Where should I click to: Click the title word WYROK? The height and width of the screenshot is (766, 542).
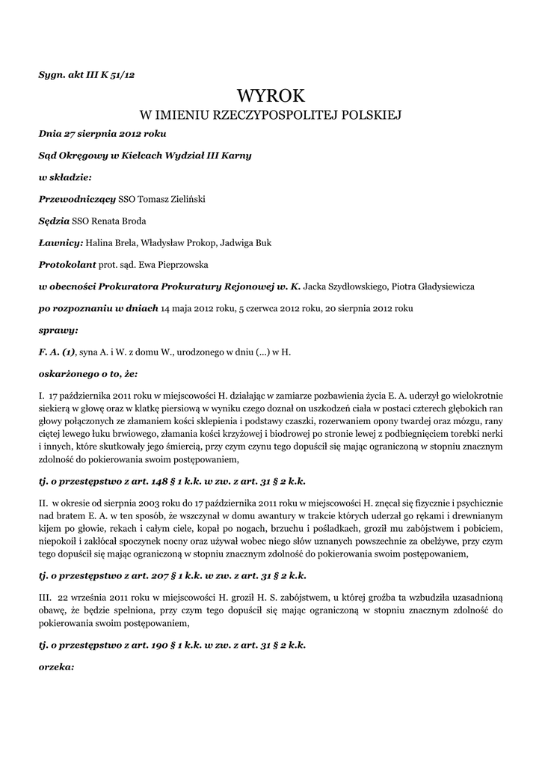click(x=271, y=95)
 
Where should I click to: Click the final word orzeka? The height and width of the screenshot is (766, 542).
click(x=56, y=666)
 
